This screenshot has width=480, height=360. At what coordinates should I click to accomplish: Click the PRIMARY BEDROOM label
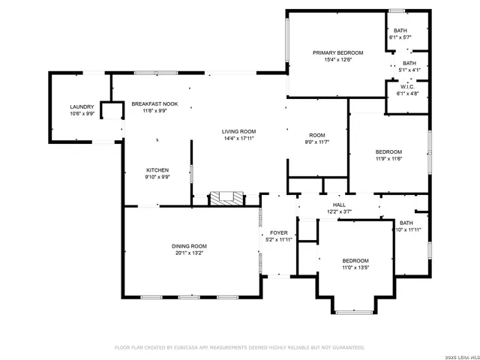(337, 52)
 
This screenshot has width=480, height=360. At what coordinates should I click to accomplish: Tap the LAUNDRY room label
(81, 107)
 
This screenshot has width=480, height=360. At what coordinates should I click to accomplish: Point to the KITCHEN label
(157, 170)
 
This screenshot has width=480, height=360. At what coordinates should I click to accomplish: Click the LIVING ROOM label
(239, 131)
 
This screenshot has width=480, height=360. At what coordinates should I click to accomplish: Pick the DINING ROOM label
(188, 246)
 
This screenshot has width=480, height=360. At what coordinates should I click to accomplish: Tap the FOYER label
(279, 233)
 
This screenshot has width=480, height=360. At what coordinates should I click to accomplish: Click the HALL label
(339, 205)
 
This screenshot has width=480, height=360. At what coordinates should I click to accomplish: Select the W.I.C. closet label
(408, 87)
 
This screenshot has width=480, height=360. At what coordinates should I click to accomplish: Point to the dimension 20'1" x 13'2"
(188, 253)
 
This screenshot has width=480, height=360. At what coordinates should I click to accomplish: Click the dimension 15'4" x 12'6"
(337, 59)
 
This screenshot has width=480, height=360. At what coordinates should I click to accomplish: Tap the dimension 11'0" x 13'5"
(355, 268)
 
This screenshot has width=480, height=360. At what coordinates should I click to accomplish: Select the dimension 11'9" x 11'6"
(388, 159)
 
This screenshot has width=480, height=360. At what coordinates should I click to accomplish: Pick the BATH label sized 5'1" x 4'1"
(409, 63)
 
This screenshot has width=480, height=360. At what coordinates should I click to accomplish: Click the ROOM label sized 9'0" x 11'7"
(316, 134)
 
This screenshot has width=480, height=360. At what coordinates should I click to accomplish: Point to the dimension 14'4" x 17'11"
(239, 139)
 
